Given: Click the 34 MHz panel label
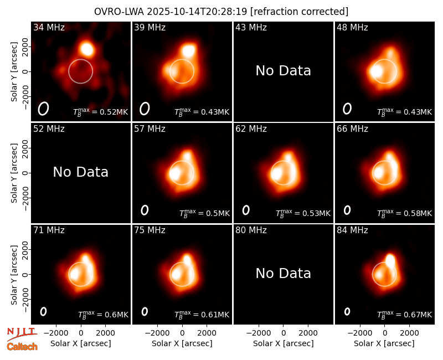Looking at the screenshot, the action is tap(49, 27).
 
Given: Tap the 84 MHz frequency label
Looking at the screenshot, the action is tap(352, 230).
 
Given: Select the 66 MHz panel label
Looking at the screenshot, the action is tap(352, 129).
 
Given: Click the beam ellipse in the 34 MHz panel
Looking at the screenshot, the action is tap(44, 109).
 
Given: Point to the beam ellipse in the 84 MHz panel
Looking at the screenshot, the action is tap(347, 311).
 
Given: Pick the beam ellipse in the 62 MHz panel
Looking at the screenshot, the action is tap(246, 210).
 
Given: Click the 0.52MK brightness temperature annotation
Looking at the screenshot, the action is tap(101, 112).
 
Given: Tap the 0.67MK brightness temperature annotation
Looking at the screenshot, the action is tap(405, 314).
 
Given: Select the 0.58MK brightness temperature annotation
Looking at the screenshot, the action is tap(405, 213).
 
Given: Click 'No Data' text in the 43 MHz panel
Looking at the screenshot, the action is tap(284, 71).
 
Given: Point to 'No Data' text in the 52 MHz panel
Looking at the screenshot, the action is tap(81, 172).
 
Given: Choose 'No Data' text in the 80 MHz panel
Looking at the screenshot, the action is tap(284, 273).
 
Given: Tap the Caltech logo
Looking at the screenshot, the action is tap(22, 347).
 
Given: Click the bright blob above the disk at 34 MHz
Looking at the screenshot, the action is tap(87, 49).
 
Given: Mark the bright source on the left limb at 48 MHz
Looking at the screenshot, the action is tap(377, 71).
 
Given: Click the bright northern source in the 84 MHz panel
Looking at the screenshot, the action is tap(390, 260).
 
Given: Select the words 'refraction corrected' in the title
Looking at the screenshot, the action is tap(299, 12).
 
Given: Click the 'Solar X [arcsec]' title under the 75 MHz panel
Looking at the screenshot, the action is tap(182, 343).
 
